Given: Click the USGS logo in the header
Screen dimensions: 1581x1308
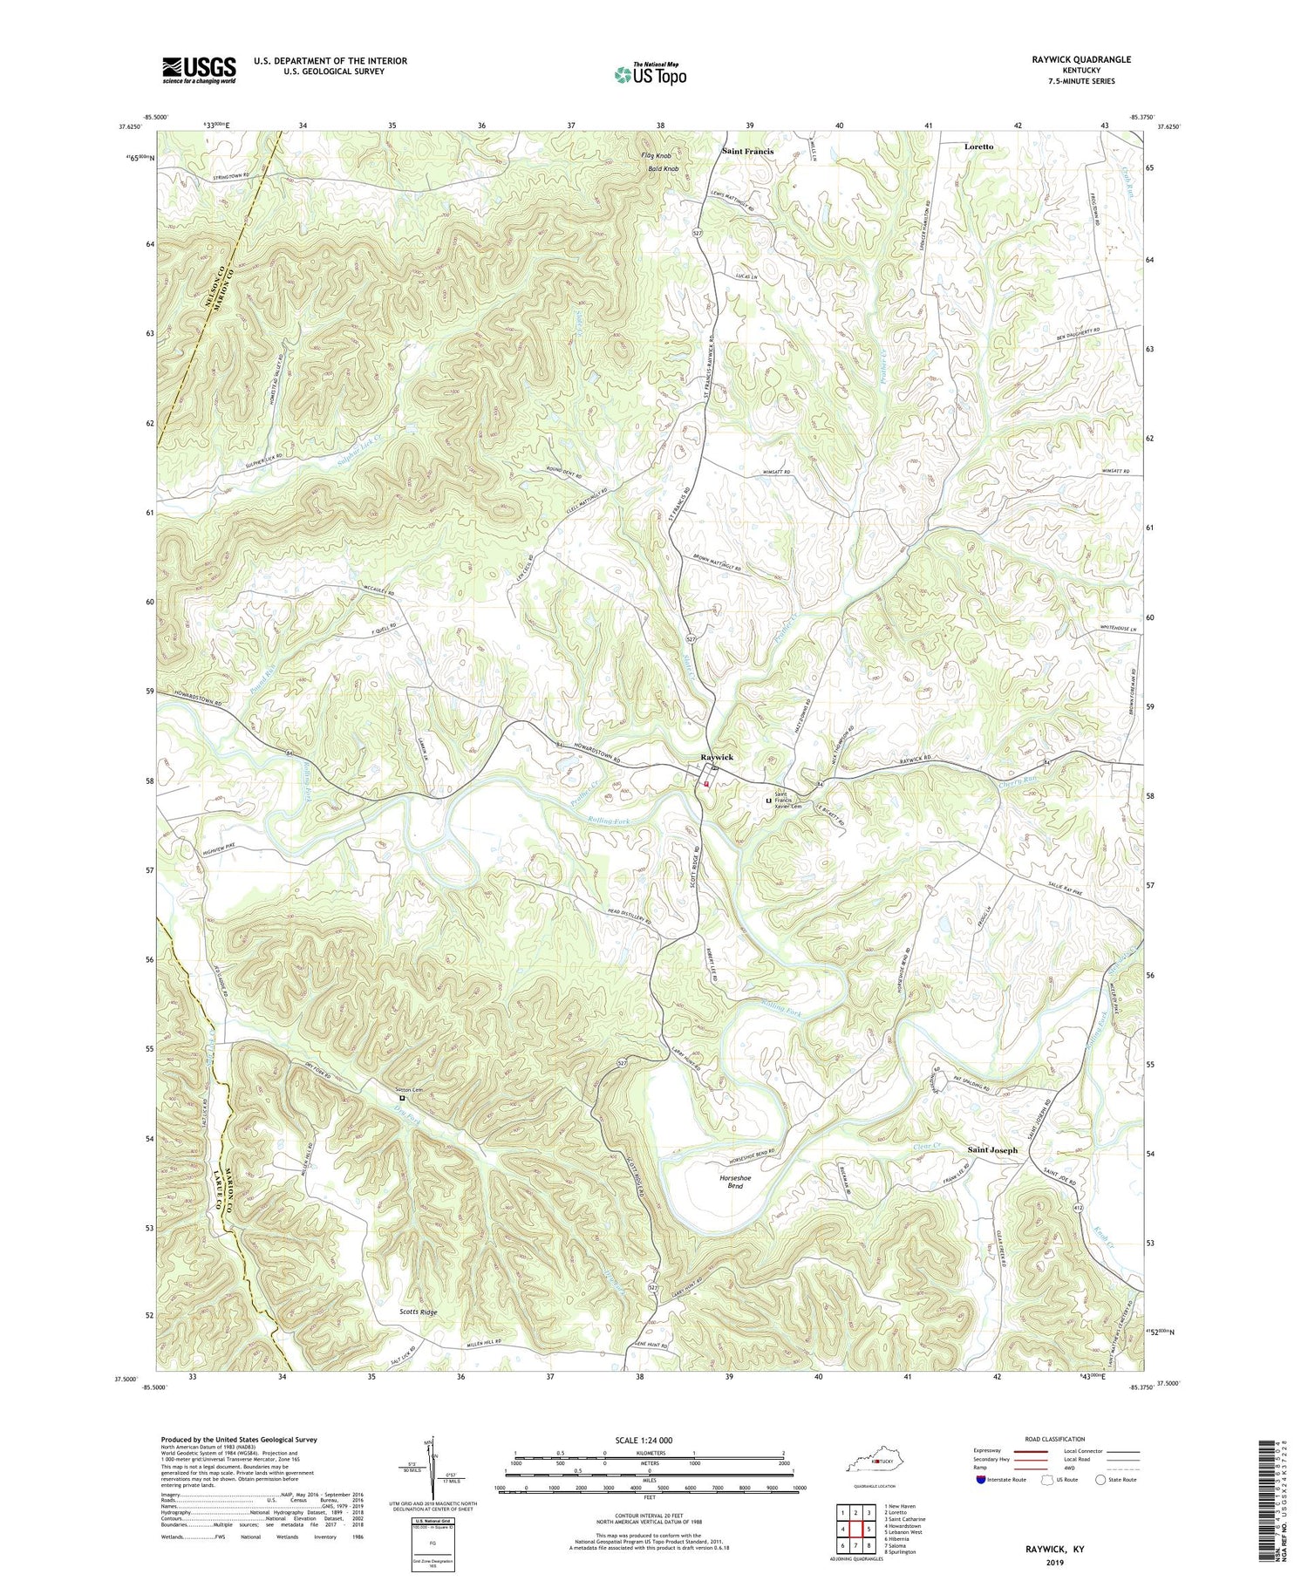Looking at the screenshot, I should (199, 70).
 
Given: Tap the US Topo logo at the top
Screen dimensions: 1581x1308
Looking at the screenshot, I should (650, 74).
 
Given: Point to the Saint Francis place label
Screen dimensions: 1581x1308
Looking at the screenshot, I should (747, 151).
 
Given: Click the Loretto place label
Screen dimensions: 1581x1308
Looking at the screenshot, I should (978, 147).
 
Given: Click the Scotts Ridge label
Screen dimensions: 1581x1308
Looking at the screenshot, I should (405, 1312).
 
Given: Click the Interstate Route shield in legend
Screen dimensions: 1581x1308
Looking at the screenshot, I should (981, 1480).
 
